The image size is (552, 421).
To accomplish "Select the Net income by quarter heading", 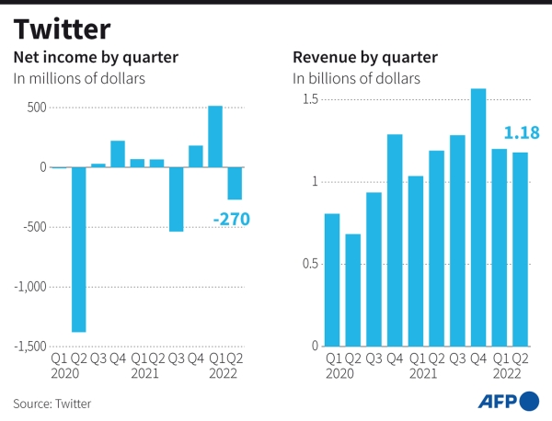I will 95,58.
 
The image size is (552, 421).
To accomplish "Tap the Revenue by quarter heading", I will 364,58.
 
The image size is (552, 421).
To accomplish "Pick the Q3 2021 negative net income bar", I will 176,199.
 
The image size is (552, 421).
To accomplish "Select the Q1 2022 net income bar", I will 215,136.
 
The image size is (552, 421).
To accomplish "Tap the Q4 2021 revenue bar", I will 478,218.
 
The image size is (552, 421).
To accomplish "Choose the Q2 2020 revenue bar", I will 353,290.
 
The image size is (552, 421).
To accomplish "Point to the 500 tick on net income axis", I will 34,108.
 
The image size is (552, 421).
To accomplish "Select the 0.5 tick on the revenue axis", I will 307,264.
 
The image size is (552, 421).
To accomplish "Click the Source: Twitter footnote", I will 52,403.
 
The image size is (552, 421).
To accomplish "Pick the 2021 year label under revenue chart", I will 422,374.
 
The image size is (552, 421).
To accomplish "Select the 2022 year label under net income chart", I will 224,374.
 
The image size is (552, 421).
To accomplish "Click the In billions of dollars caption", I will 356,79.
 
